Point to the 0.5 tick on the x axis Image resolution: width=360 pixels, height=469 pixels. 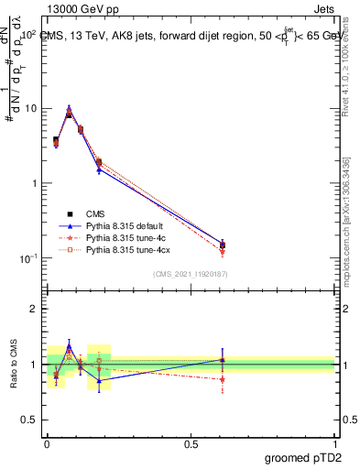(191, 443)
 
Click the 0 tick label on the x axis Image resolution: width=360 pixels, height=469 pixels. (47, 443)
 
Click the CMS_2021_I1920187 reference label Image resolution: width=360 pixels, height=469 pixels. (191, 274)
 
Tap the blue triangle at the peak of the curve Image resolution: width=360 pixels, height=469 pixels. (69, 107)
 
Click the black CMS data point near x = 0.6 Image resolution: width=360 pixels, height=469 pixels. (222, 245)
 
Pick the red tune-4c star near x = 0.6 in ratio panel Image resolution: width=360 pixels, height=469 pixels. (222, 379)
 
